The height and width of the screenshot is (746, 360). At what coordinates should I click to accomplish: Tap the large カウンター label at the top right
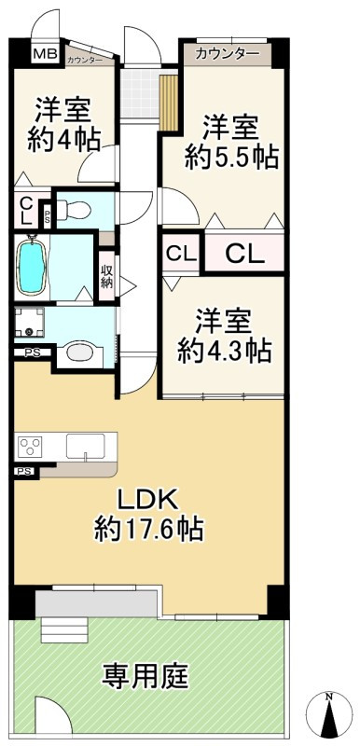click(x=228, y=54)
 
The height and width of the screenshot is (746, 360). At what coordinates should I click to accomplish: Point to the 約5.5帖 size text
click(x=231, y=158)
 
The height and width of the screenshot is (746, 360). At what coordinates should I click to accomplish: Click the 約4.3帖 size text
click(x=225, y=351)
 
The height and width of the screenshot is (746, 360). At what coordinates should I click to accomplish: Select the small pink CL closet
click(x=181, y=252)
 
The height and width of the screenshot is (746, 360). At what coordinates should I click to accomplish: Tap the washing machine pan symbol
click(x=35, y=325)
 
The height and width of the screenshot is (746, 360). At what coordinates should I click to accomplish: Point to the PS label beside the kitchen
click(x=24, y=473)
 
